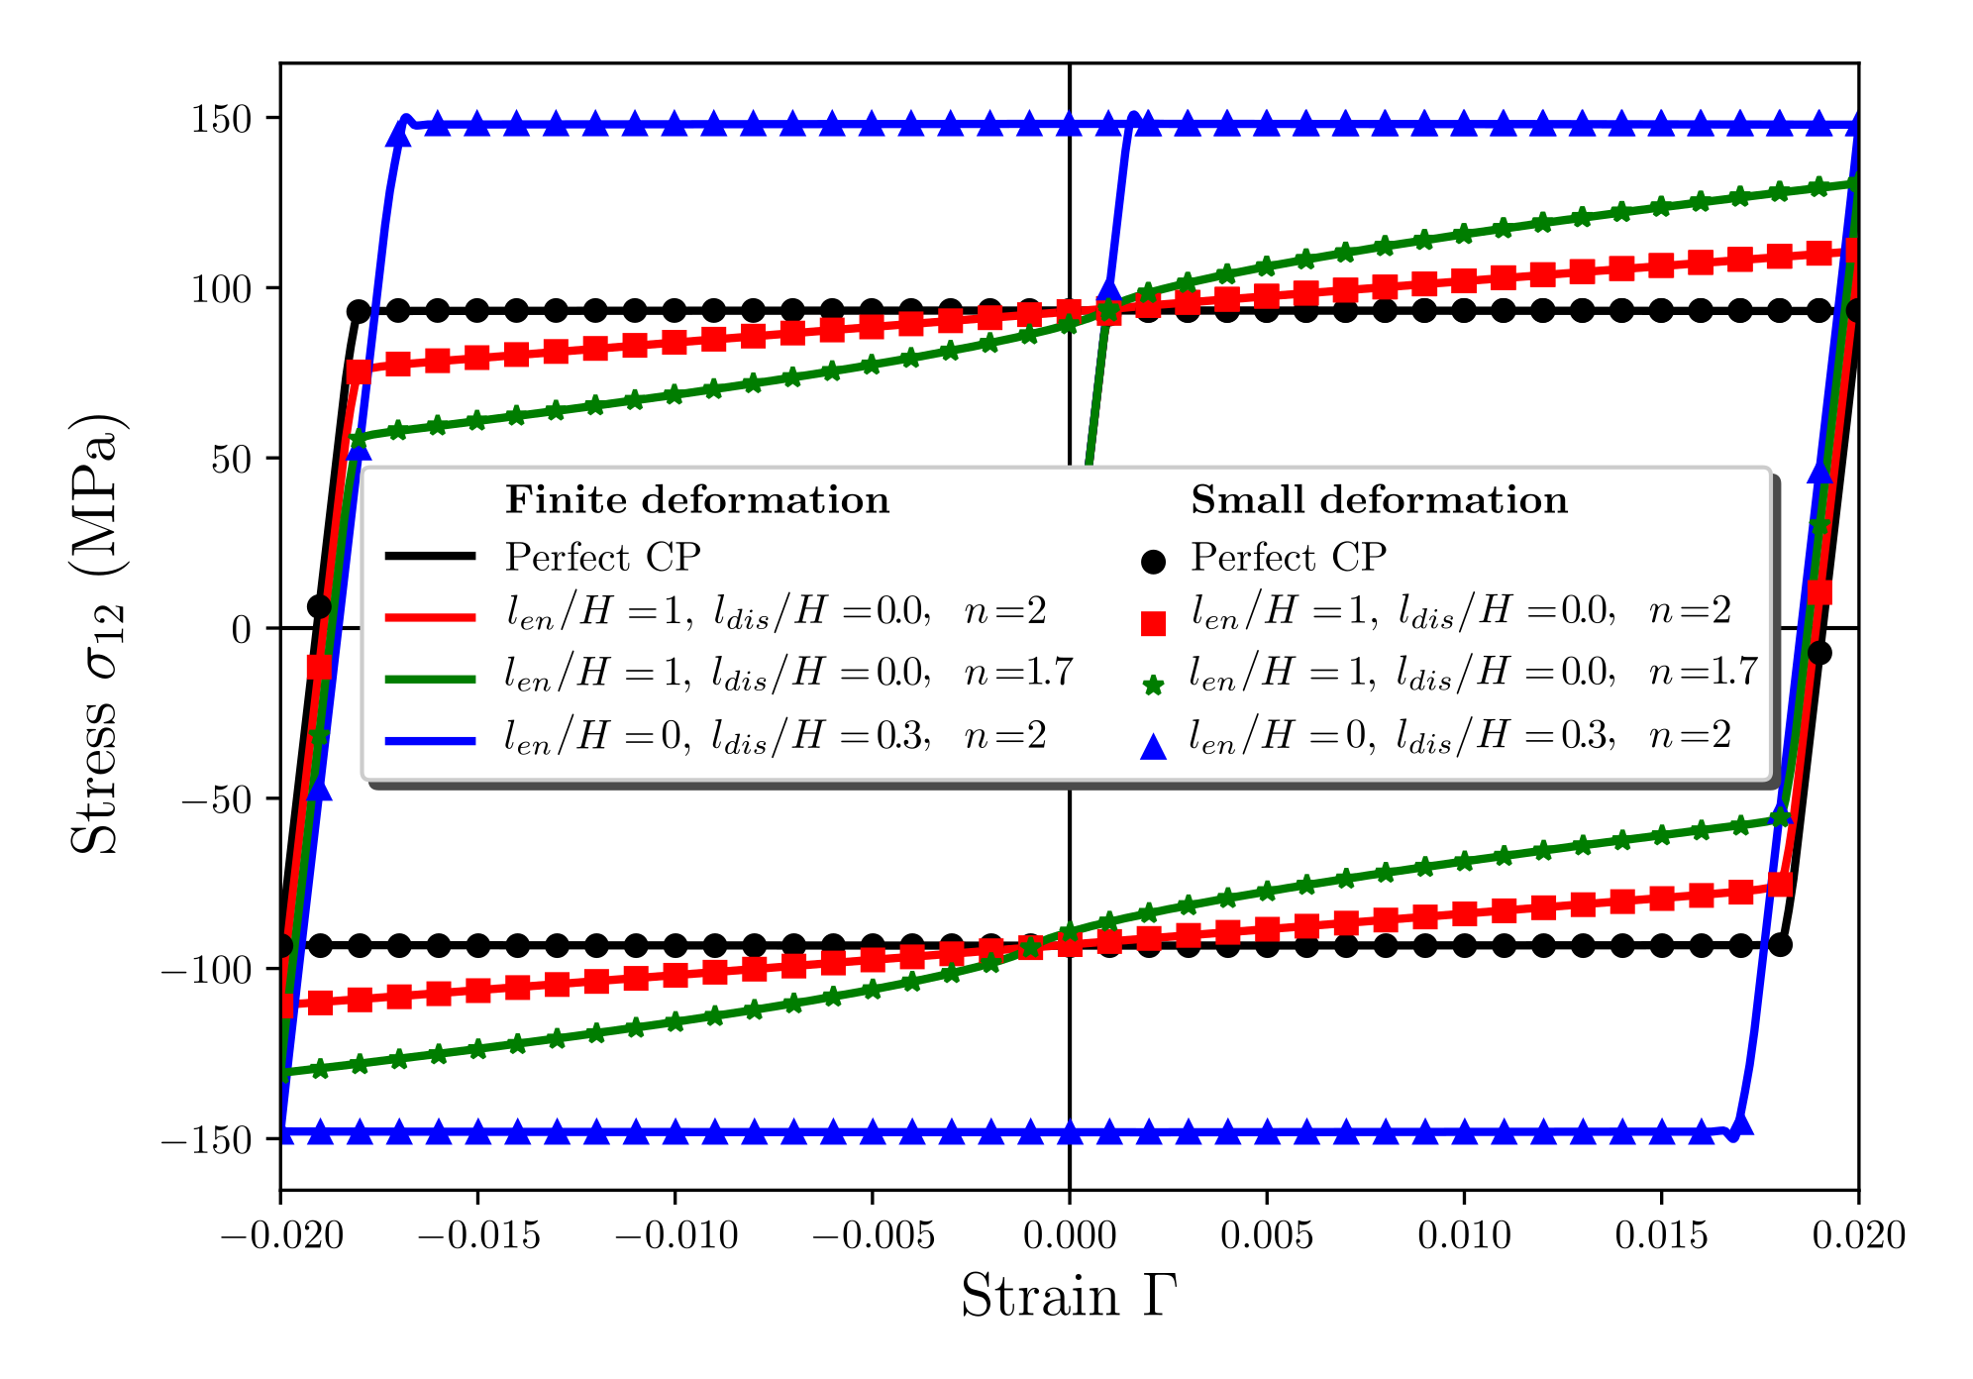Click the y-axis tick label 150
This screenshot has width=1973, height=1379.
[x=221, y=120]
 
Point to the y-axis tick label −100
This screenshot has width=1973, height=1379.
[x=205, y=970]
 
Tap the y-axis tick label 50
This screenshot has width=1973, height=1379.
[x=231, y=460]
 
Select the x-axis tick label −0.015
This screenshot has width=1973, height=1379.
[x=478, y=1235]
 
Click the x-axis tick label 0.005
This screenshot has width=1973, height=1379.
[x=1266, y=1235]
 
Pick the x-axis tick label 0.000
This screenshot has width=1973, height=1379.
[x=1069, y=1235]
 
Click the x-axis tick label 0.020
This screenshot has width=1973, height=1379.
[x=1858, y=1235]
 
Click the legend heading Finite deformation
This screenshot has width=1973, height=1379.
[x=697, y=500]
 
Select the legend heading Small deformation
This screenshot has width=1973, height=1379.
[x=1379, y=500]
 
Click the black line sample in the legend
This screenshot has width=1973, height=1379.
[x=430, y=557]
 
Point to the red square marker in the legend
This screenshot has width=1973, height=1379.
[x=1153, y=622]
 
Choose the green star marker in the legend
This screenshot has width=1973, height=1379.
[x=1153, y=685]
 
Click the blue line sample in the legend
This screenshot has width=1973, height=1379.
[x=430, y=740]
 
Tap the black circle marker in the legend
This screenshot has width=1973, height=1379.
[x=1153, y=562]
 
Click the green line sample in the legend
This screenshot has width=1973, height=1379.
[x=430, y=679]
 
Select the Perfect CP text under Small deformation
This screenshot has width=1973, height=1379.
[x=1288, y=558]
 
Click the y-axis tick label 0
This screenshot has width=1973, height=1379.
[x=241, y=630]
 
